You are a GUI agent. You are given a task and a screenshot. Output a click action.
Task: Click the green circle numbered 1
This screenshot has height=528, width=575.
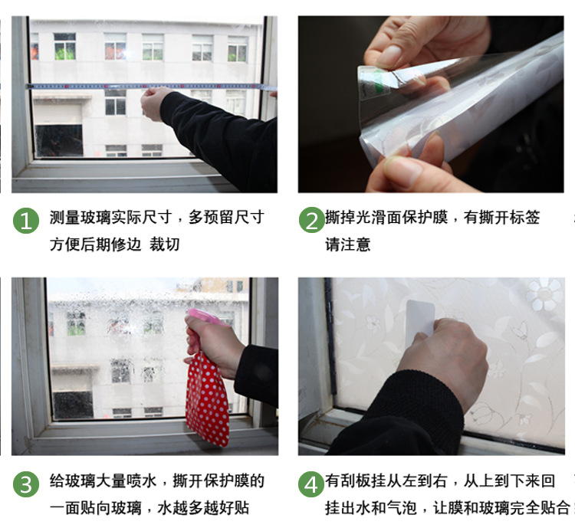[x=26, y=221]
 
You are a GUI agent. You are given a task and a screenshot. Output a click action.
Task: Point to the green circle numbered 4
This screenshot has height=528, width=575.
[x=311, y=484]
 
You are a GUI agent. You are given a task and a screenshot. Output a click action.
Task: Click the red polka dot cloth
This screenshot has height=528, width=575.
[x=208, y=398]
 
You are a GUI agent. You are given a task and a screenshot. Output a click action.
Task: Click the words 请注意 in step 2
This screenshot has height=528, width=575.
[x=347, y=244]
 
